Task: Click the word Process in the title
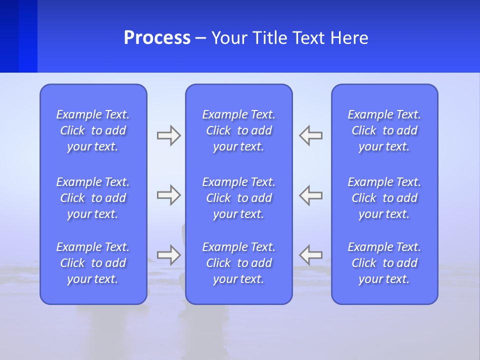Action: point(157,38)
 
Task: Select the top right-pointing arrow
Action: point(169,135)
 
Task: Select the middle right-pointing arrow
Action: point(169,195)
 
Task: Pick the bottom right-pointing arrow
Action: point(169,255)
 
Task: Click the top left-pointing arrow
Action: point(310,135)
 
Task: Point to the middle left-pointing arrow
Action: point(310,195)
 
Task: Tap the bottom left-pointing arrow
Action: point(310,255)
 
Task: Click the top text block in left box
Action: point(93,130)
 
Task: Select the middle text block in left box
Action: point(93,198)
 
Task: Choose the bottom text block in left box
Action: point(93,263)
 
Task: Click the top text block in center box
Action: point(238,130)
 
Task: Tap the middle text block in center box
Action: point(238,198)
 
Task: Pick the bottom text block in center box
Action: point(238,263)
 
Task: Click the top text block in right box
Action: point(384,130)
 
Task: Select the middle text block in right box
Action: point(384,198)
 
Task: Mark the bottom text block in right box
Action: point(384,263)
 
